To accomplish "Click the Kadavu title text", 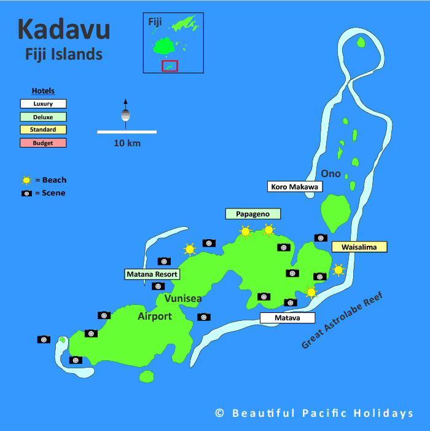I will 64,29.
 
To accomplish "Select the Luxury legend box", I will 43,104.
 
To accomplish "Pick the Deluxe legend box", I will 43,117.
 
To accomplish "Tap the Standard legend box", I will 43,130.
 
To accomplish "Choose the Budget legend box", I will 43,143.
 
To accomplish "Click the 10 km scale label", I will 127,143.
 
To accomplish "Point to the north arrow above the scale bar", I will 125,111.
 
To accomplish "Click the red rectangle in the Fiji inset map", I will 170,66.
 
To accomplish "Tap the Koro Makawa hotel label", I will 295,186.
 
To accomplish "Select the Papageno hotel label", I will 252,213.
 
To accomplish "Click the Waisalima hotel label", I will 359,247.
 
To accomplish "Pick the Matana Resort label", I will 152,274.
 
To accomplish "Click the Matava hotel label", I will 287,318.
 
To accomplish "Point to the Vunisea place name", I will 182,298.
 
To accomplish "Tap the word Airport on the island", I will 155,316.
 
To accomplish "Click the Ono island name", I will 331,173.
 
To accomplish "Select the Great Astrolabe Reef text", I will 342,321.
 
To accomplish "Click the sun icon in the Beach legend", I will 26,180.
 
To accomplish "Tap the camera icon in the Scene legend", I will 26,193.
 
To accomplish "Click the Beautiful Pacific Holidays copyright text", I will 315,413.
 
